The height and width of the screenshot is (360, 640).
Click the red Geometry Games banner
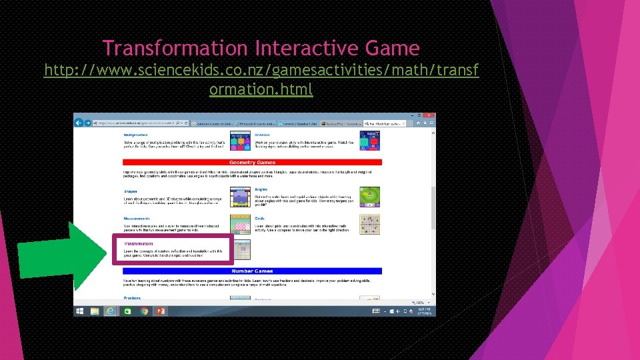point(252,163)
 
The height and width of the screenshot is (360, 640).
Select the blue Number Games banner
point(251,271)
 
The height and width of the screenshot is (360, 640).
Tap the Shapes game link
point(130,191)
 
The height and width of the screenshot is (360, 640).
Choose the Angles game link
point(261,189)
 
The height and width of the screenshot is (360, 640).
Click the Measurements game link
point(137,218)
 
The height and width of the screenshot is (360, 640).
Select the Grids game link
point(259,217)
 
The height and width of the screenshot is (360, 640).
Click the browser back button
point(79,123)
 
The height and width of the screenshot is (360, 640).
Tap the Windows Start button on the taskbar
point(80,311)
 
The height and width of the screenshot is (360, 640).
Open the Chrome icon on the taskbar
point(144,311)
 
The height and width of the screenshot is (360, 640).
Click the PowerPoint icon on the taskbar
point(160,311)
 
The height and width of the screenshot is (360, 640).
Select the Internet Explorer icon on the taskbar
point(110,311)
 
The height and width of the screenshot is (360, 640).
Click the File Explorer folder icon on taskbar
point(95,311)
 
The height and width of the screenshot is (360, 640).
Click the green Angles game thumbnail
point(370,197)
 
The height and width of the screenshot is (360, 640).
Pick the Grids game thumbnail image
point(370,224)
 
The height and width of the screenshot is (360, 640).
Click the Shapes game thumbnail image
point(240,197)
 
